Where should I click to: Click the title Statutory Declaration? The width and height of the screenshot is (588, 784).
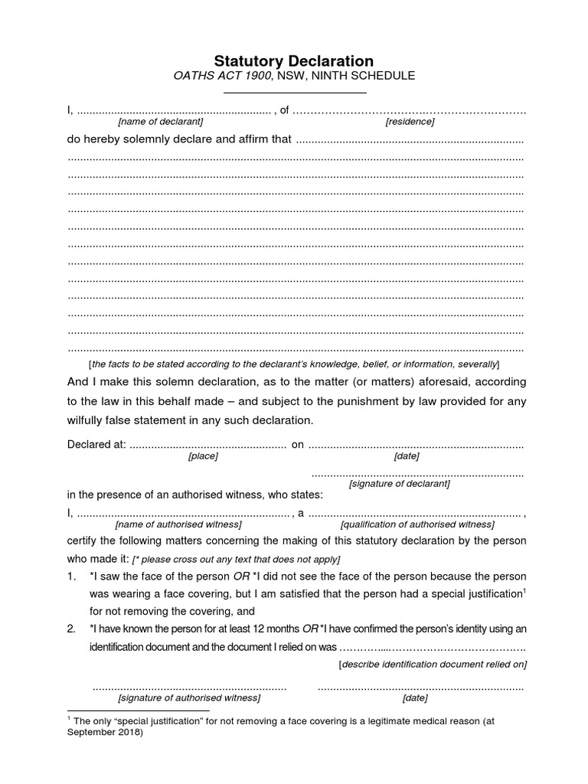point(294,60)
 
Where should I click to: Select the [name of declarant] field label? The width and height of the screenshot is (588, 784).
point(161,122)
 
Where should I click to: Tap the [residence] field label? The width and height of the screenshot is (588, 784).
point(410,122)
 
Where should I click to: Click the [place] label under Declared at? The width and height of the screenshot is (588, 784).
point(203,456)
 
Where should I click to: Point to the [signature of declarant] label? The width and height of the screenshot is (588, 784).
point(399,484)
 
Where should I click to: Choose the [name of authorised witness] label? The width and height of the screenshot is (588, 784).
point(178,524)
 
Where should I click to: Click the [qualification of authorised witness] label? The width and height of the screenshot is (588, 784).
point(417,524)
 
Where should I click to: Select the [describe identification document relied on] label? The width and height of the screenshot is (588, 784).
point(433,664)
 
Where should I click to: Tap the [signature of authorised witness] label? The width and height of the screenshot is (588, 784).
point(188,698)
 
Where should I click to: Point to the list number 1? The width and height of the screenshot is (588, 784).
point(72,576)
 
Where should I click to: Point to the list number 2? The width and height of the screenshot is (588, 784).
point(72,629)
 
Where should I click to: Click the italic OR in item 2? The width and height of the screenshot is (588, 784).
point(310,629)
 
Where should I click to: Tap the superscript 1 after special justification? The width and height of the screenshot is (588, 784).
point(524,590)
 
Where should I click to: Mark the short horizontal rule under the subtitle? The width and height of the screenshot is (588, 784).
point(294,93)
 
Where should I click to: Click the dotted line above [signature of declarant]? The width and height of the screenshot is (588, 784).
point(417,474)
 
